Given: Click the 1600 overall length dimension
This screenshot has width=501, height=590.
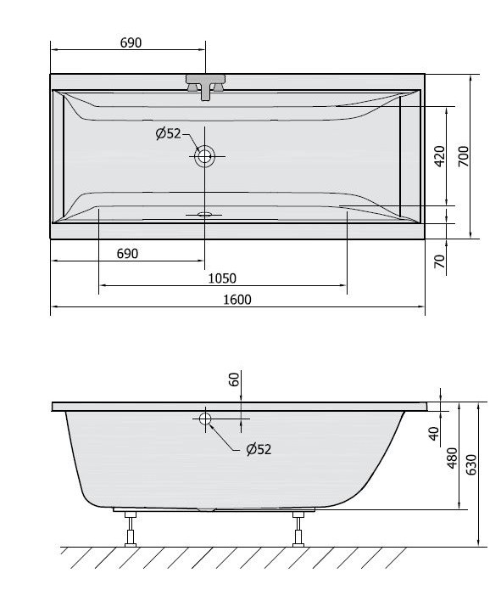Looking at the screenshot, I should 237,299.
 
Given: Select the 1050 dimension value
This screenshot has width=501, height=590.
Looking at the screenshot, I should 222,278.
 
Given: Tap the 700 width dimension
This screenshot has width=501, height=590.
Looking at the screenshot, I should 464,156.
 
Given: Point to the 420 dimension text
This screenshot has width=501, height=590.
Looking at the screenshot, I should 439,156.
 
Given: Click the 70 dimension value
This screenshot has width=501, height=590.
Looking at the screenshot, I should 439,261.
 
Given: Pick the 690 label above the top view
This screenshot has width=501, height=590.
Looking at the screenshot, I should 130,42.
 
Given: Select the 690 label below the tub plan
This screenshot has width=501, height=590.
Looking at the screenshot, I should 126,253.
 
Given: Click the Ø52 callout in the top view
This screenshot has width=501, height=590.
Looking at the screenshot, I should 168,133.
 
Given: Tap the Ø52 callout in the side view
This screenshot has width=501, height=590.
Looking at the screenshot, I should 259,449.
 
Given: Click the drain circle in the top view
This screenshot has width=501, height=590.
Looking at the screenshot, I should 205,155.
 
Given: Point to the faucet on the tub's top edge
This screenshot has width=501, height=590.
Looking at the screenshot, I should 205,86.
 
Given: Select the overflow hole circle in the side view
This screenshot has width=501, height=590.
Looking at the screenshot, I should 205,418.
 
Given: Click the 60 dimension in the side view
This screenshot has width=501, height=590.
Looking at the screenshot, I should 235,379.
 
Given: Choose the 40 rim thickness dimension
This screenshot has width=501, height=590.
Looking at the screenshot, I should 434,434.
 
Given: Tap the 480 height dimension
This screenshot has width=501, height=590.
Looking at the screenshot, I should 453,458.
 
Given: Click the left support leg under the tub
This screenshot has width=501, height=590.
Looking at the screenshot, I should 130,528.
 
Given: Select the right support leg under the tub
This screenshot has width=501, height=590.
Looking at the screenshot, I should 298,528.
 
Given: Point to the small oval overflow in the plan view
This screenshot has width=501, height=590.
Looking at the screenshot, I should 203,215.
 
